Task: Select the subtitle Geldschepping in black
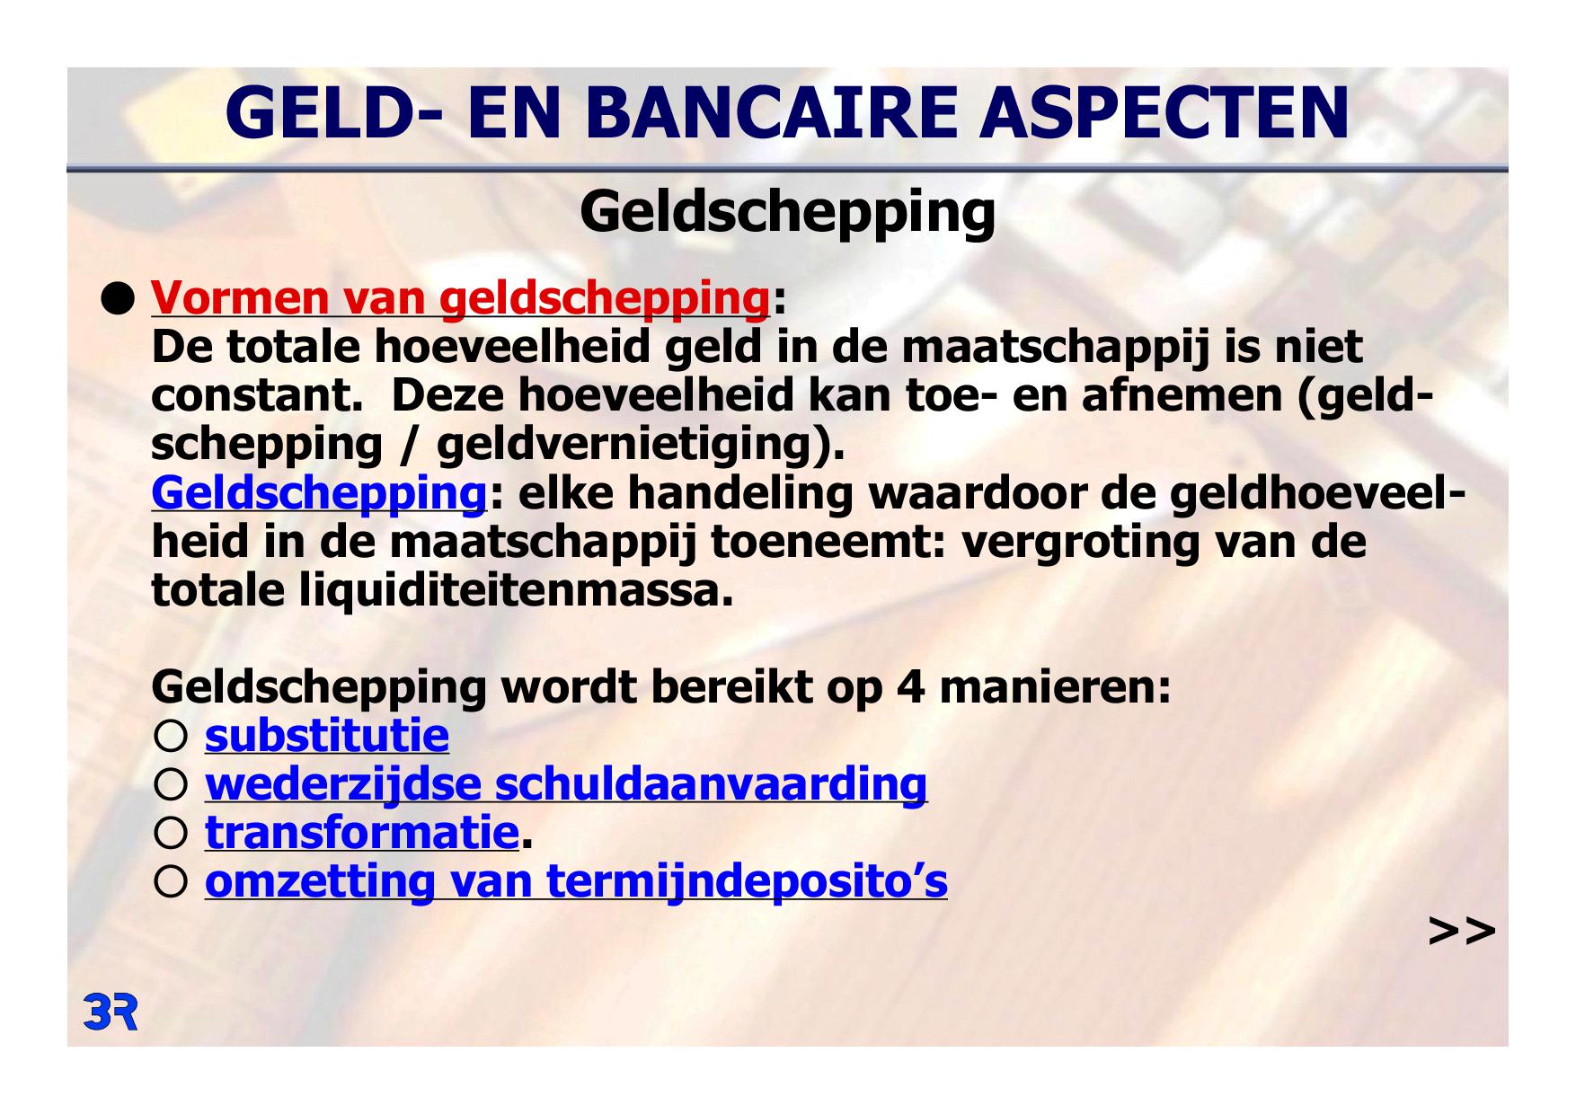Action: point(788,214)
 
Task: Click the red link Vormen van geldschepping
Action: point(460,298)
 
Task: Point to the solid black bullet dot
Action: point(116,296)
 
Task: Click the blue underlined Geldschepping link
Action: point(319,493)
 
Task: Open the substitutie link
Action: point(327,735)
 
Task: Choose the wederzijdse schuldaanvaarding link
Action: point(566,783)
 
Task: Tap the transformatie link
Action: point(362,832)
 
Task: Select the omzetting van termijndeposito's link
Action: point(576,880)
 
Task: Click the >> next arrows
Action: point(1461,931)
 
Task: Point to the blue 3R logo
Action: point(110,1012)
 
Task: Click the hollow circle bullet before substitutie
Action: point(171,737)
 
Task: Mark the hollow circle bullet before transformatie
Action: point(171,834)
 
